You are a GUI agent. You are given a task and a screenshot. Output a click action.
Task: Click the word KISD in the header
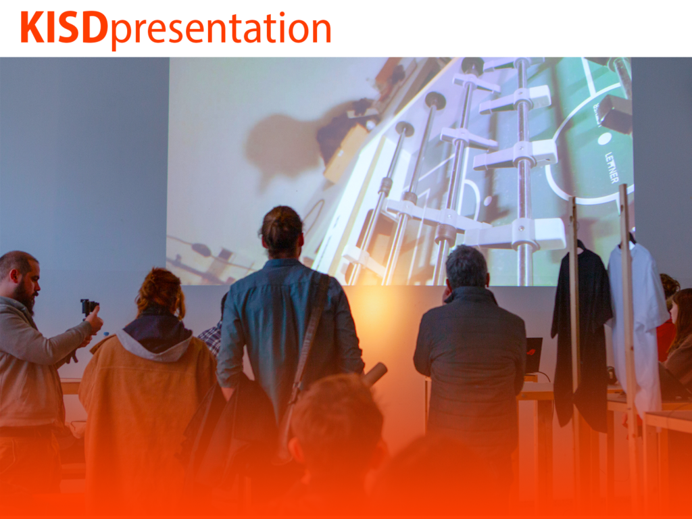64,27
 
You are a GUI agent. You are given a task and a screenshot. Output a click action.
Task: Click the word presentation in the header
221,30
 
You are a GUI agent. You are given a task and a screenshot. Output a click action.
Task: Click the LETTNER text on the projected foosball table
612,168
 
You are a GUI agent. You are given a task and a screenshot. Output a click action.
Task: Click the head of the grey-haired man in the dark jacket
467,268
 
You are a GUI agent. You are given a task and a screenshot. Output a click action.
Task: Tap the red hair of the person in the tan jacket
161,291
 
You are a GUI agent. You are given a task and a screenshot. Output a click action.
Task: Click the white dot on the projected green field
604,139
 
